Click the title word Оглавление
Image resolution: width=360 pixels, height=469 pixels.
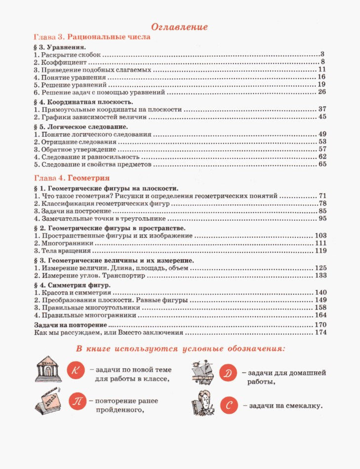pos(179,27)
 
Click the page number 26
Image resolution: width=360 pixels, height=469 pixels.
pos(322,92)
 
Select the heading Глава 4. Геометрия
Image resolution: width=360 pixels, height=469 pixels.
pos(72,177)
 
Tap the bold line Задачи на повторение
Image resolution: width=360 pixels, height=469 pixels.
pos(70,325)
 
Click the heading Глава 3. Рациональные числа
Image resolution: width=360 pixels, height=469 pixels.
pos(91,37)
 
